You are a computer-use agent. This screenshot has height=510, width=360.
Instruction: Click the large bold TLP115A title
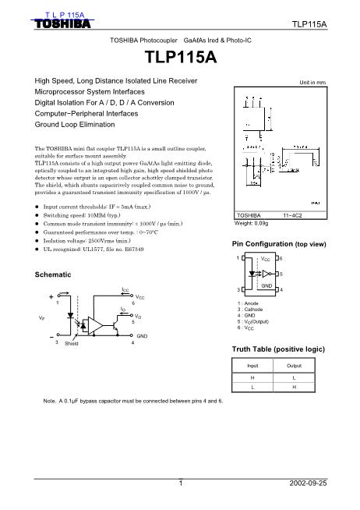coord(180,58)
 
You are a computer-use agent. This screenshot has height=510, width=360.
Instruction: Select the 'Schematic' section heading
coord(55,276)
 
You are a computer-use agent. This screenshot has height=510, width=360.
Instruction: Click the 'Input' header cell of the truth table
coord(253,364)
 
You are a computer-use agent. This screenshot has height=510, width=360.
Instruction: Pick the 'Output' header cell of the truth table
coord(295,364)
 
